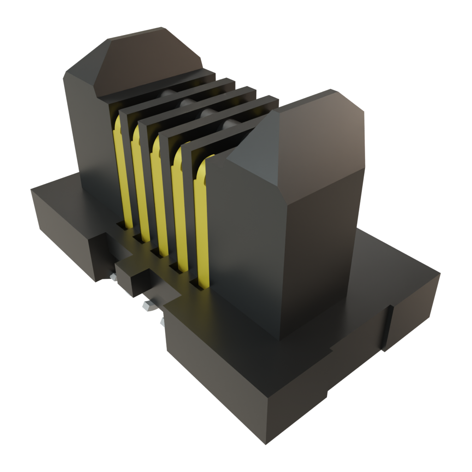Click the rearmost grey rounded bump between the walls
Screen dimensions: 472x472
click(169, 94)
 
